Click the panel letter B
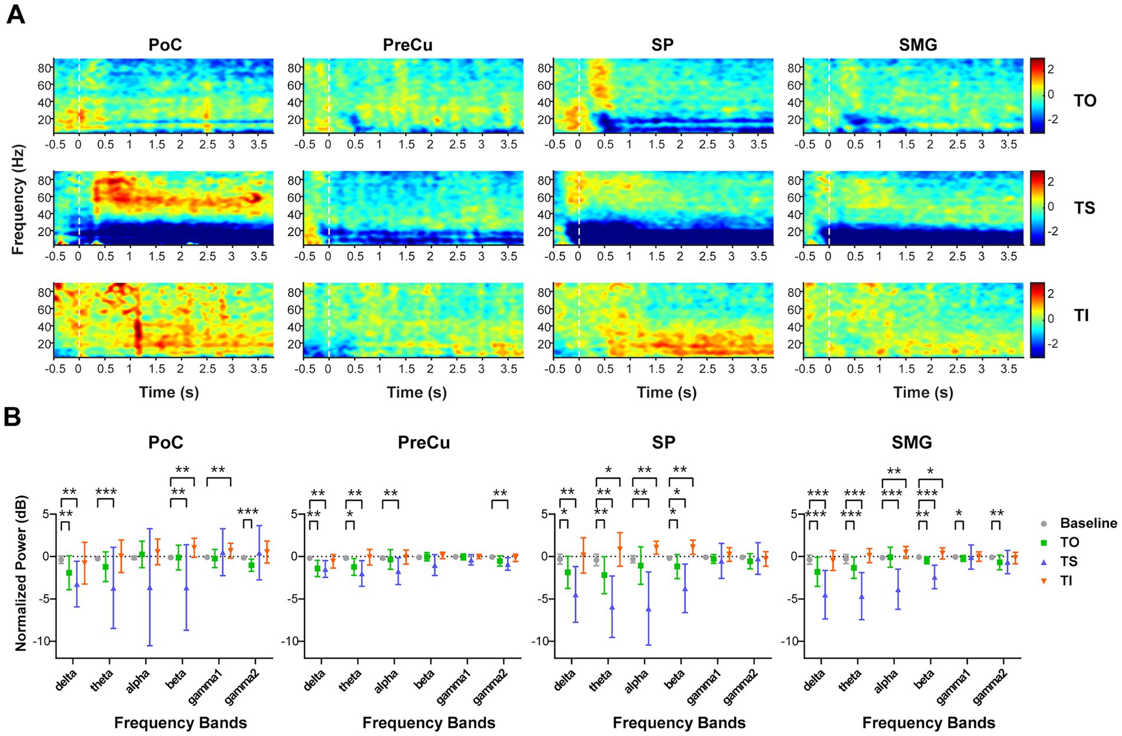click(12, 417)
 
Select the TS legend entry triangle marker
click(1044, 562)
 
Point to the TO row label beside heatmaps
click(1085, 101)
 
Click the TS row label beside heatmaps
click(1084, 208)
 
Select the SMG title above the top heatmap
click(918, 45)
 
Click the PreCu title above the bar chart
click(424, 443)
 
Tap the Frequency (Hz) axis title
click(18, 199)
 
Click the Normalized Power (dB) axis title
click(21, 581)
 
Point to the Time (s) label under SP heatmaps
click(667, 392)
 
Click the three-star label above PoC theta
click(106, 492)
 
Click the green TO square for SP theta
click(604, 575)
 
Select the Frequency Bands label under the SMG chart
click(929, 723)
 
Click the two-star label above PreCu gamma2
click(500, 493)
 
